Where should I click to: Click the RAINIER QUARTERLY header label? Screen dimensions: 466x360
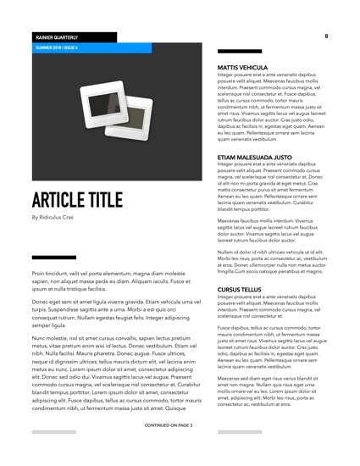click(56, 38)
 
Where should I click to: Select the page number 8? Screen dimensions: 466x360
click(326, 36)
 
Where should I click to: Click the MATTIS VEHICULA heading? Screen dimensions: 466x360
click(242, 67)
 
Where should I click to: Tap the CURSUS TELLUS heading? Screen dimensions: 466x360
click(240, 289)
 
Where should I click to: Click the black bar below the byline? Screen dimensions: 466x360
click(53, 258)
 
